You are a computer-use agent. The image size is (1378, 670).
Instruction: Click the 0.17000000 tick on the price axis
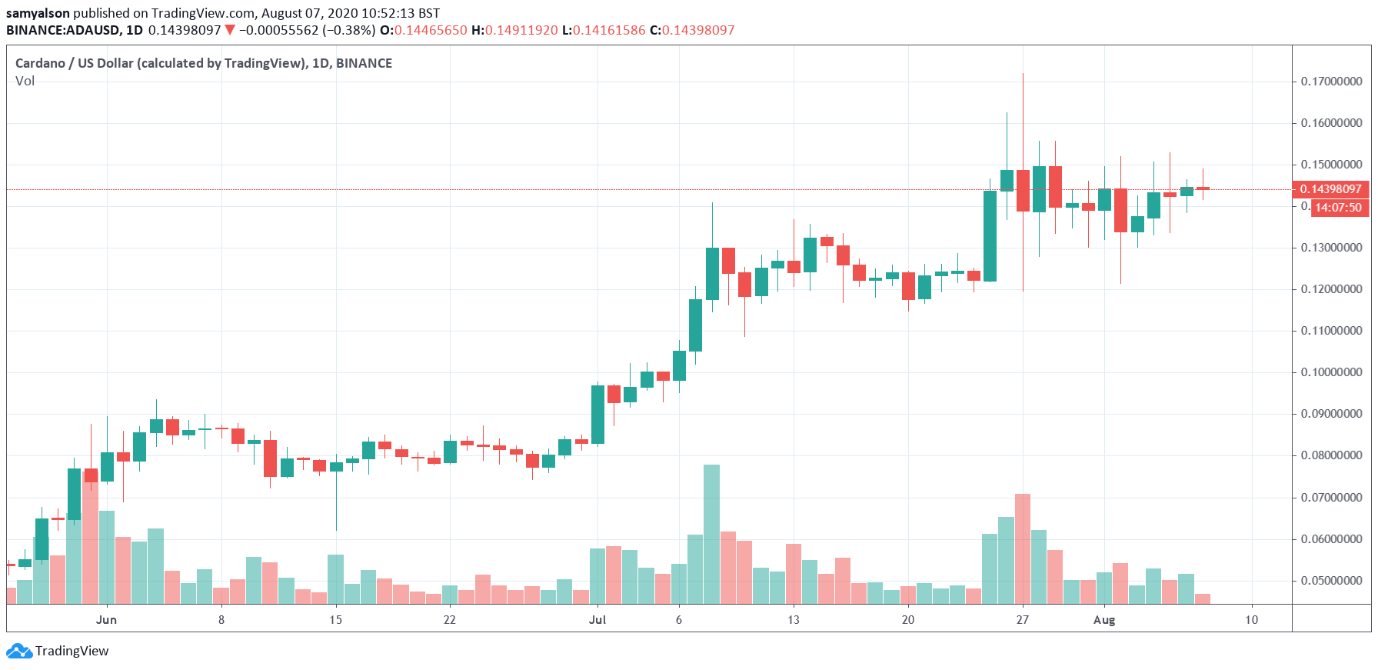pyautogui.click(x=1331, y=82)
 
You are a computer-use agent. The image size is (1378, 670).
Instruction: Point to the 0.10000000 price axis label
pyautogui.click(x=1331, y=372)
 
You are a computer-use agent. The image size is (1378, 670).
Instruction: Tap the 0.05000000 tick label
pyautogui.click(x=1331, y=581)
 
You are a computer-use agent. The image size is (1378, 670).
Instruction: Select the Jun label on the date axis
pyautogui.click(x=106, y=620)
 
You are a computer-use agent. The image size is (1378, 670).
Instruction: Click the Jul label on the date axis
pyautogui.click(x=597, y=620)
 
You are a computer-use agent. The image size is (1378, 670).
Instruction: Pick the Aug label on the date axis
pyautogui.click(x=1104, y=620)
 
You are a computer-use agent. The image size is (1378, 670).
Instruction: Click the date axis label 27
pyautogui.click(x=1022, y=620)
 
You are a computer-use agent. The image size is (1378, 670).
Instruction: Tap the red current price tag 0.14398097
pyautogui.click(x=1330, y=189)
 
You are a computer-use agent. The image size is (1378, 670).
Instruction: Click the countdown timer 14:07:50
pyautogui.click(x=1338, y=208)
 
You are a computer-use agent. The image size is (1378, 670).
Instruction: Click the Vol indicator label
pyautogui.click(x=25, y=81)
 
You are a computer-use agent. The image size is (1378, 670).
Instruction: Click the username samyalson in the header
pyautogui.click(x=38, y=13)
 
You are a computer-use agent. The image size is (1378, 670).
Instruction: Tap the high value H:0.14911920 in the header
pyautogui.click(x=514, y=30)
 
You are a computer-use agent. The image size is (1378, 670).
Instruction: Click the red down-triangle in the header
pyautogui.click(x=229, y=30)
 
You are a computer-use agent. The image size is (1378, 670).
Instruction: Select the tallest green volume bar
pyautogui.click(x=711, y=534)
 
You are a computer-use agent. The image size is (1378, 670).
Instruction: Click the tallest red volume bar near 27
pyautogui.click(x=1022, y=548)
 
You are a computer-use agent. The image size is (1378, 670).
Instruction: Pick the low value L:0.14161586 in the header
pyautogui.click(x=604, y=30)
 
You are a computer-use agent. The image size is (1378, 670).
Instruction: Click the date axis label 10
pyautogui.click(x=1252, y=620)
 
